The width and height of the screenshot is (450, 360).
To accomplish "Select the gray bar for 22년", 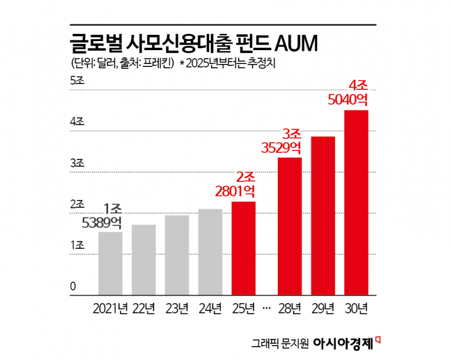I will [x=144, y=260].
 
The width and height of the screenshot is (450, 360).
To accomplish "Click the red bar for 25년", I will [x=243, y=249].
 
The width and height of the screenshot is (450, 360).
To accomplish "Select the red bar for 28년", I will [x=289, y=227].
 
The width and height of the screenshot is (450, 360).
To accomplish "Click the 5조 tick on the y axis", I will [x=77, y=82].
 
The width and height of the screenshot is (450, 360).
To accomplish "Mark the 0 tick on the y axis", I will [x=73, y=286].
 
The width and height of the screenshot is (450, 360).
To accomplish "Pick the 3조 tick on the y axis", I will [x=77, y=164].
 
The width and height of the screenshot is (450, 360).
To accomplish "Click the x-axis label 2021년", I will [x=111, y=309].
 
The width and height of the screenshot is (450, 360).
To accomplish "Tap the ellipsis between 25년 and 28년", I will [x=266, y=309].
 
